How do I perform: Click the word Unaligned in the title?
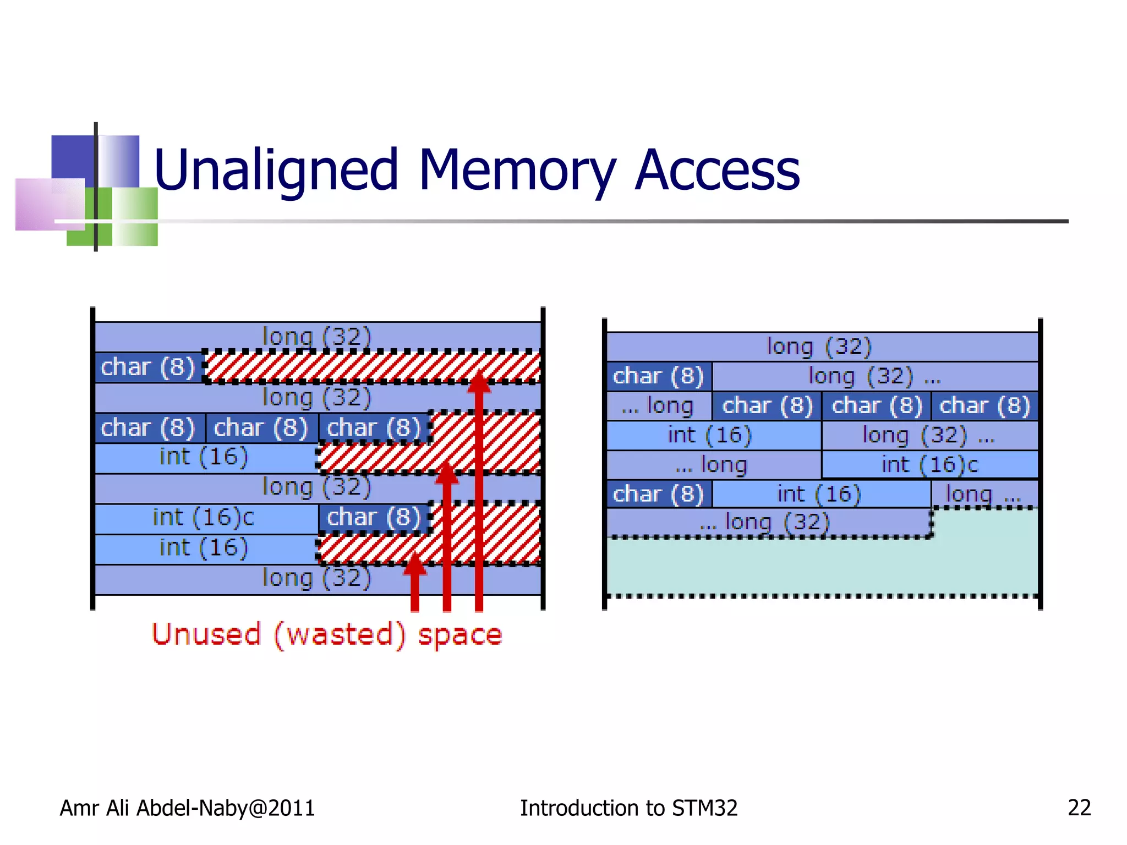275,171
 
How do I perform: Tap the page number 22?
1079,808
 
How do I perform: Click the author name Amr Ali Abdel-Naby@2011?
187,808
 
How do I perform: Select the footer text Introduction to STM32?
628,808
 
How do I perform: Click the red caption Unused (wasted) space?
327,634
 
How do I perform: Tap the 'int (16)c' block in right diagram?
929,465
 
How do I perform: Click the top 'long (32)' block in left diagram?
317,336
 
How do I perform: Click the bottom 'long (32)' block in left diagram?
317,579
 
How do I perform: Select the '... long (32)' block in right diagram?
765,522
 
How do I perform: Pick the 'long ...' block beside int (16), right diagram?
983,493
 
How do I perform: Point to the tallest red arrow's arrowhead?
479,381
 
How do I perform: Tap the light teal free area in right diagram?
822,567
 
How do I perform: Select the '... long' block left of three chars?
658,406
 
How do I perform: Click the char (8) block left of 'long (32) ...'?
658,376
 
